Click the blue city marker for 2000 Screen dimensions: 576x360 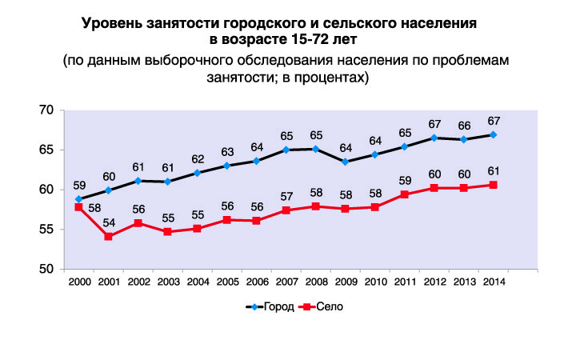(78, 199)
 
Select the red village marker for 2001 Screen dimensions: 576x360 (108, 237)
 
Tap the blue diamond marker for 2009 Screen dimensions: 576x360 (346, 162)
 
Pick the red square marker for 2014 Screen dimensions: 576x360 (494, 185)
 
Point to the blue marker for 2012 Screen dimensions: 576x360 (434, 138)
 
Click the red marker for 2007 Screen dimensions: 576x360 (286, 210)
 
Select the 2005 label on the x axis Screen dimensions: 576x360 (228, 282)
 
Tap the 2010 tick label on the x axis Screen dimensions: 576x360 (376, 282)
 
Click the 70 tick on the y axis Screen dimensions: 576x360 (46, 110)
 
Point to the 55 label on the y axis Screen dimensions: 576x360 (46, 230)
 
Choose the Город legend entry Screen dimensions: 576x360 (270, 306)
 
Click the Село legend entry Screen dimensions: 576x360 (321, 306)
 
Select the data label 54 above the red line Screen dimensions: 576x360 (109, 223)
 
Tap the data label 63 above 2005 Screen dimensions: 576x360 (227, 152)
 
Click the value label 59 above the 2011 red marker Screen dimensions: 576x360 (405, 181)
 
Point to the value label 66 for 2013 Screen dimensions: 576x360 (464, 126)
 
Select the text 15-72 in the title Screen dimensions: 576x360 (306, 39)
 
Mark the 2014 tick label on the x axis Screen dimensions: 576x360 (494, 282)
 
